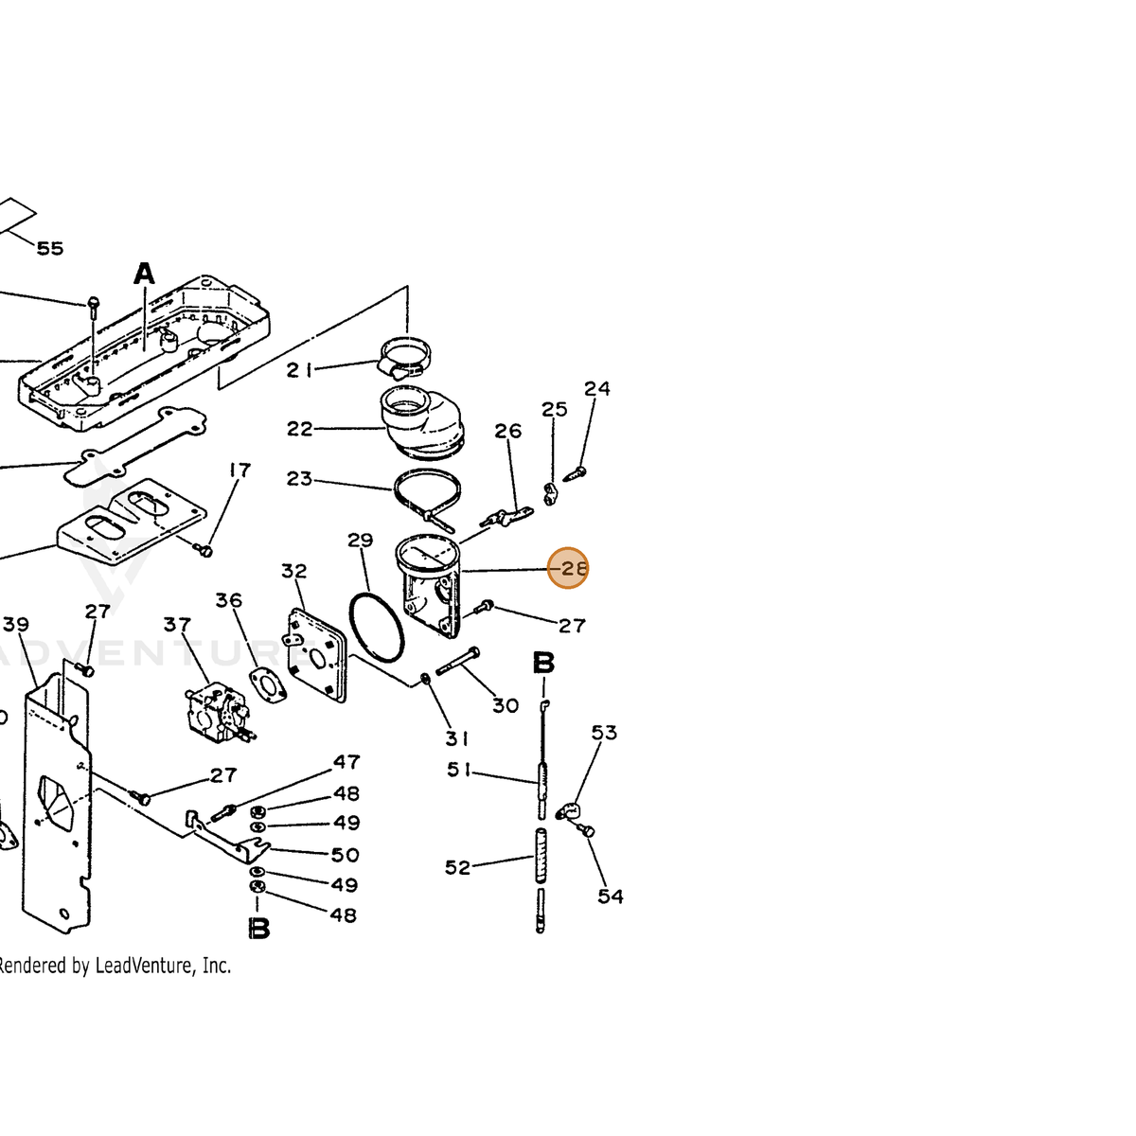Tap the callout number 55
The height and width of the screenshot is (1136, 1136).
tap(50, 249)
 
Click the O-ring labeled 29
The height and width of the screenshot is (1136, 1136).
tap(377, 629)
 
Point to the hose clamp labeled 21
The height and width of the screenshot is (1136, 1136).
tap(404, 357)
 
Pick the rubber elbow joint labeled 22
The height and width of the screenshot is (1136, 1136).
tap(422, 420)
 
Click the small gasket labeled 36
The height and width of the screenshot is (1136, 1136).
tap(269, 685)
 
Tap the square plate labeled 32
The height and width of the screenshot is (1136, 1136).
tap(316, 656)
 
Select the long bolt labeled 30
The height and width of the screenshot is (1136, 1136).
tap(458, 661)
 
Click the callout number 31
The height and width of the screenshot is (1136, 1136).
tap(456, 738)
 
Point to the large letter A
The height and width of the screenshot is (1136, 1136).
tap(144, 275)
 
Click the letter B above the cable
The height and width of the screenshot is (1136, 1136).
tap(543, 664)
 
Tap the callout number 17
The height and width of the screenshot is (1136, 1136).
tap(240, 470)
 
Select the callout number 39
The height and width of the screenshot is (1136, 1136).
tap(16, 624)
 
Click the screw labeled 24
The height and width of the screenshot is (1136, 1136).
tap(576, 473)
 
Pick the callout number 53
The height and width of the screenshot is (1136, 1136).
tap(604, 733)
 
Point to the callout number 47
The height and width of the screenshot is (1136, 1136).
tap(346, 762)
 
